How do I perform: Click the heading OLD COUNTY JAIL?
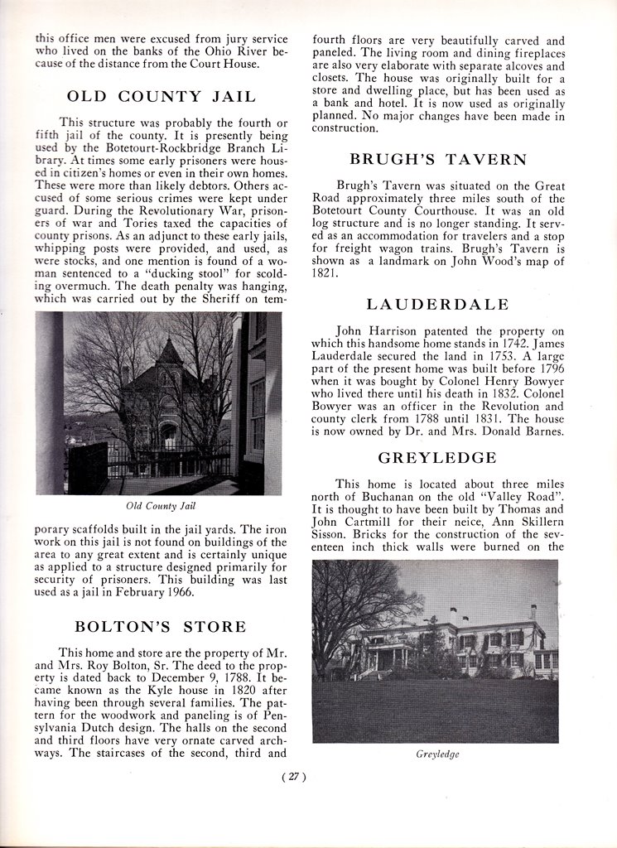161,96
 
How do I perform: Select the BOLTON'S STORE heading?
161,625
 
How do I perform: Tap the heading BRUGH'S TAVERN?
438,158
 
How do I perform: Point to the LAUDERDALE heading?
438,306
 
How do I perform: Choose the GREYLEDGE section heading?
437,457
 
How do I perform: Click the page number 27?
294,776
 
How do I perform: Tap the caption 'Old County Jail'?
161,505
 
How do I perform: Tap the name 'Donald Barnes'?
523,431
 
